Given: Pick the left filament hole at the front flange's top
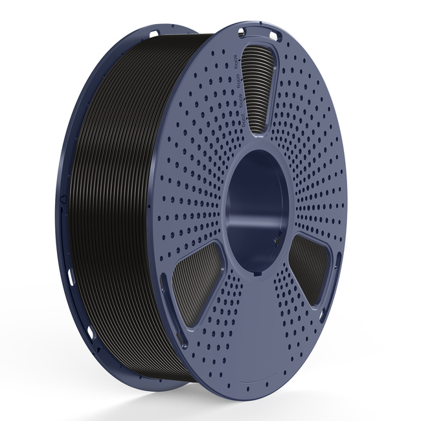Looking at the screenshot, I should coord(241,32).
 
